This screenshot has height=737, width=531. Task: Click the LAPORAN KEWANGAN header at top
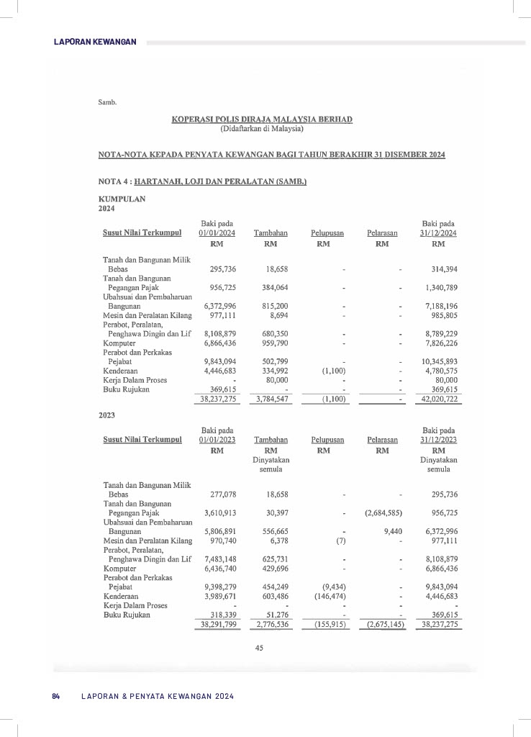tap(95, 42)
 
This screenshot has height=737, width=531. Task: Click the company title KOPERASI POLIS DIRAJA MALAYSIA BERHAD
tap(262, 119)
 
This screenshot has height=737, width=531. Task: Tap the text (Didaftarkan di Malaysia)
tap(262, 129)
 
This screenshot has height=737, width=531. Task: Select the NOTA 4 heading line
tap(202, 182)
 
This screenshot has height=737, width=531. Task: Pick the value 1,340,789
tap(441, 288)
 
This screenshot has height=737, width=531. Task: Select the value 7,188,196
tap(441, 306)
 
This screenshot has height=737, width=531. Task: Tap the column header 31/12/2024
tap(438, 233)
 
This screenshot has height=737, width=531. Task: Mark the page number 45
tap(260, 648)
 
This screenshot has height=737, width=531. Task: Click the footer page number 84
tap(55, 696)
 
